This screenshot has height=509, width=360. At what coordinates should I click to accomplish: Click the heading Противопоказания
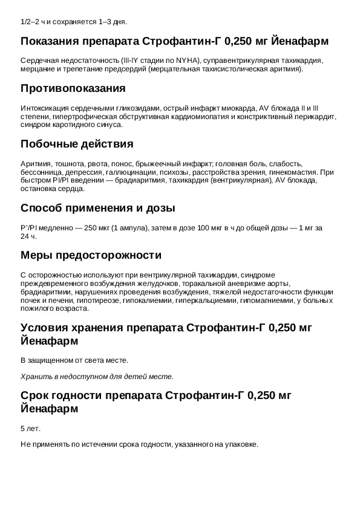click(x=73, y=89)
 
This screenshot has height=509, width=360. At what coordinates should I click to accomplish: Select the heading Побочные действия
click(x=77, y=144)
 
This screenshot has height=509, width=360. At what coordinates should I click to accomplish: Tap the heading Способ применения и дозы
click(x=98, y=208)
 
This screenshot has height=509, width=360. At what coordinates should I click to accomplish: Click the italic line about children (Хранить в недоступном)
click(x=97, y=376)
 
